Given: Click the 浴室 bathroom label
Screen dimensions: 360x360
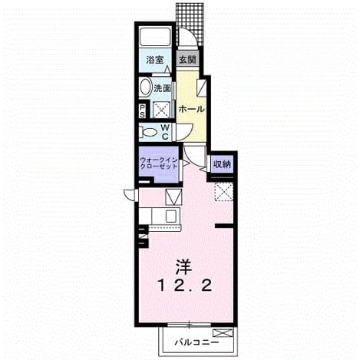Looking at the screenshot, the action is [x=154, y=60].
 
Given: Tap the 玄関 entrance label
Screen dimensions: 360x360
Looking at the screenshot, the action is [x=187, y=60].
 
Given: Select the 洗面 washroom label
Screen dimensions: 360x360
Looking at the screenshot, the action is [x=162, y=89].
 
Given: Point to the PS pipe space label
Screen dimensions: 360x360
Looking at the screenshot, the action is [x=142, y=111].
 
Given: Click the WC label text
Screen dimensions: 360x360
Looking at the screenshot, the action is [x=165, y=132].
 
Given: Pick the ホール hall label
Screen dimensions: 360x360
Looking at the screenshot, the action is [x=191, y=109].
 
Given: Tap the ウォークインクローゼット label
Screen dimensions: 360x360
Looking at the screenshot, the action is [x=159, y=163].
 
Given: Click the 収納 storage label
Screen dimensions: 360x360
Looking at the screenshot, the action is [x=222, y=164].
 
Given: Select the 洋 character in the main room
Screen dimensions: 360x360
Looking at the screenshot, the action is [x=183, y=267].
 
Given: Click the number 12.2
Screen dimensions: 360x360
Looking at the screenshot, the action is [x=185, y=286].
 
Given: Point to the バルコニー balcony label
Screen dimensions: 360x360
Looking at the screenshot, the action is [x=197, y=342].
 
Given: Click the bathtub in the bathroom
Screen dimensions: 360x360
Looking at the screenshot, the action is [x=156, y=37].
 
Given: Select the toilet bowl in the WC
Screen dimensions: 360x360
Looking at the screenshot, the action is [x=148, y=133].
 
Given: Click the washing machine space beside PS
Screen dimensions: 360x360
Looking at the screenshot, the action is [x=162, y=110].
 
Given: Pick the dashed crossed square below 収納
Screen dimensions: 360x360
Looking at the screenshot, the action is [x=223, y=192].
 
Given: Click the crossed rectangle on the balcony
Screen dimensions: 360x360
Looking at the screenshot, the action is [x=223, y=332].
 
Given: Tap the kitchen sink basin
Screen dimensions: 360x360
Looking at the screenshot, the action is [x=171, y=216].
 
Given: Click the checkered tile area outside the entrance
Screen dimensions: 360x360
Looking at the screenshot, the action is [x=190, y=25].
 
